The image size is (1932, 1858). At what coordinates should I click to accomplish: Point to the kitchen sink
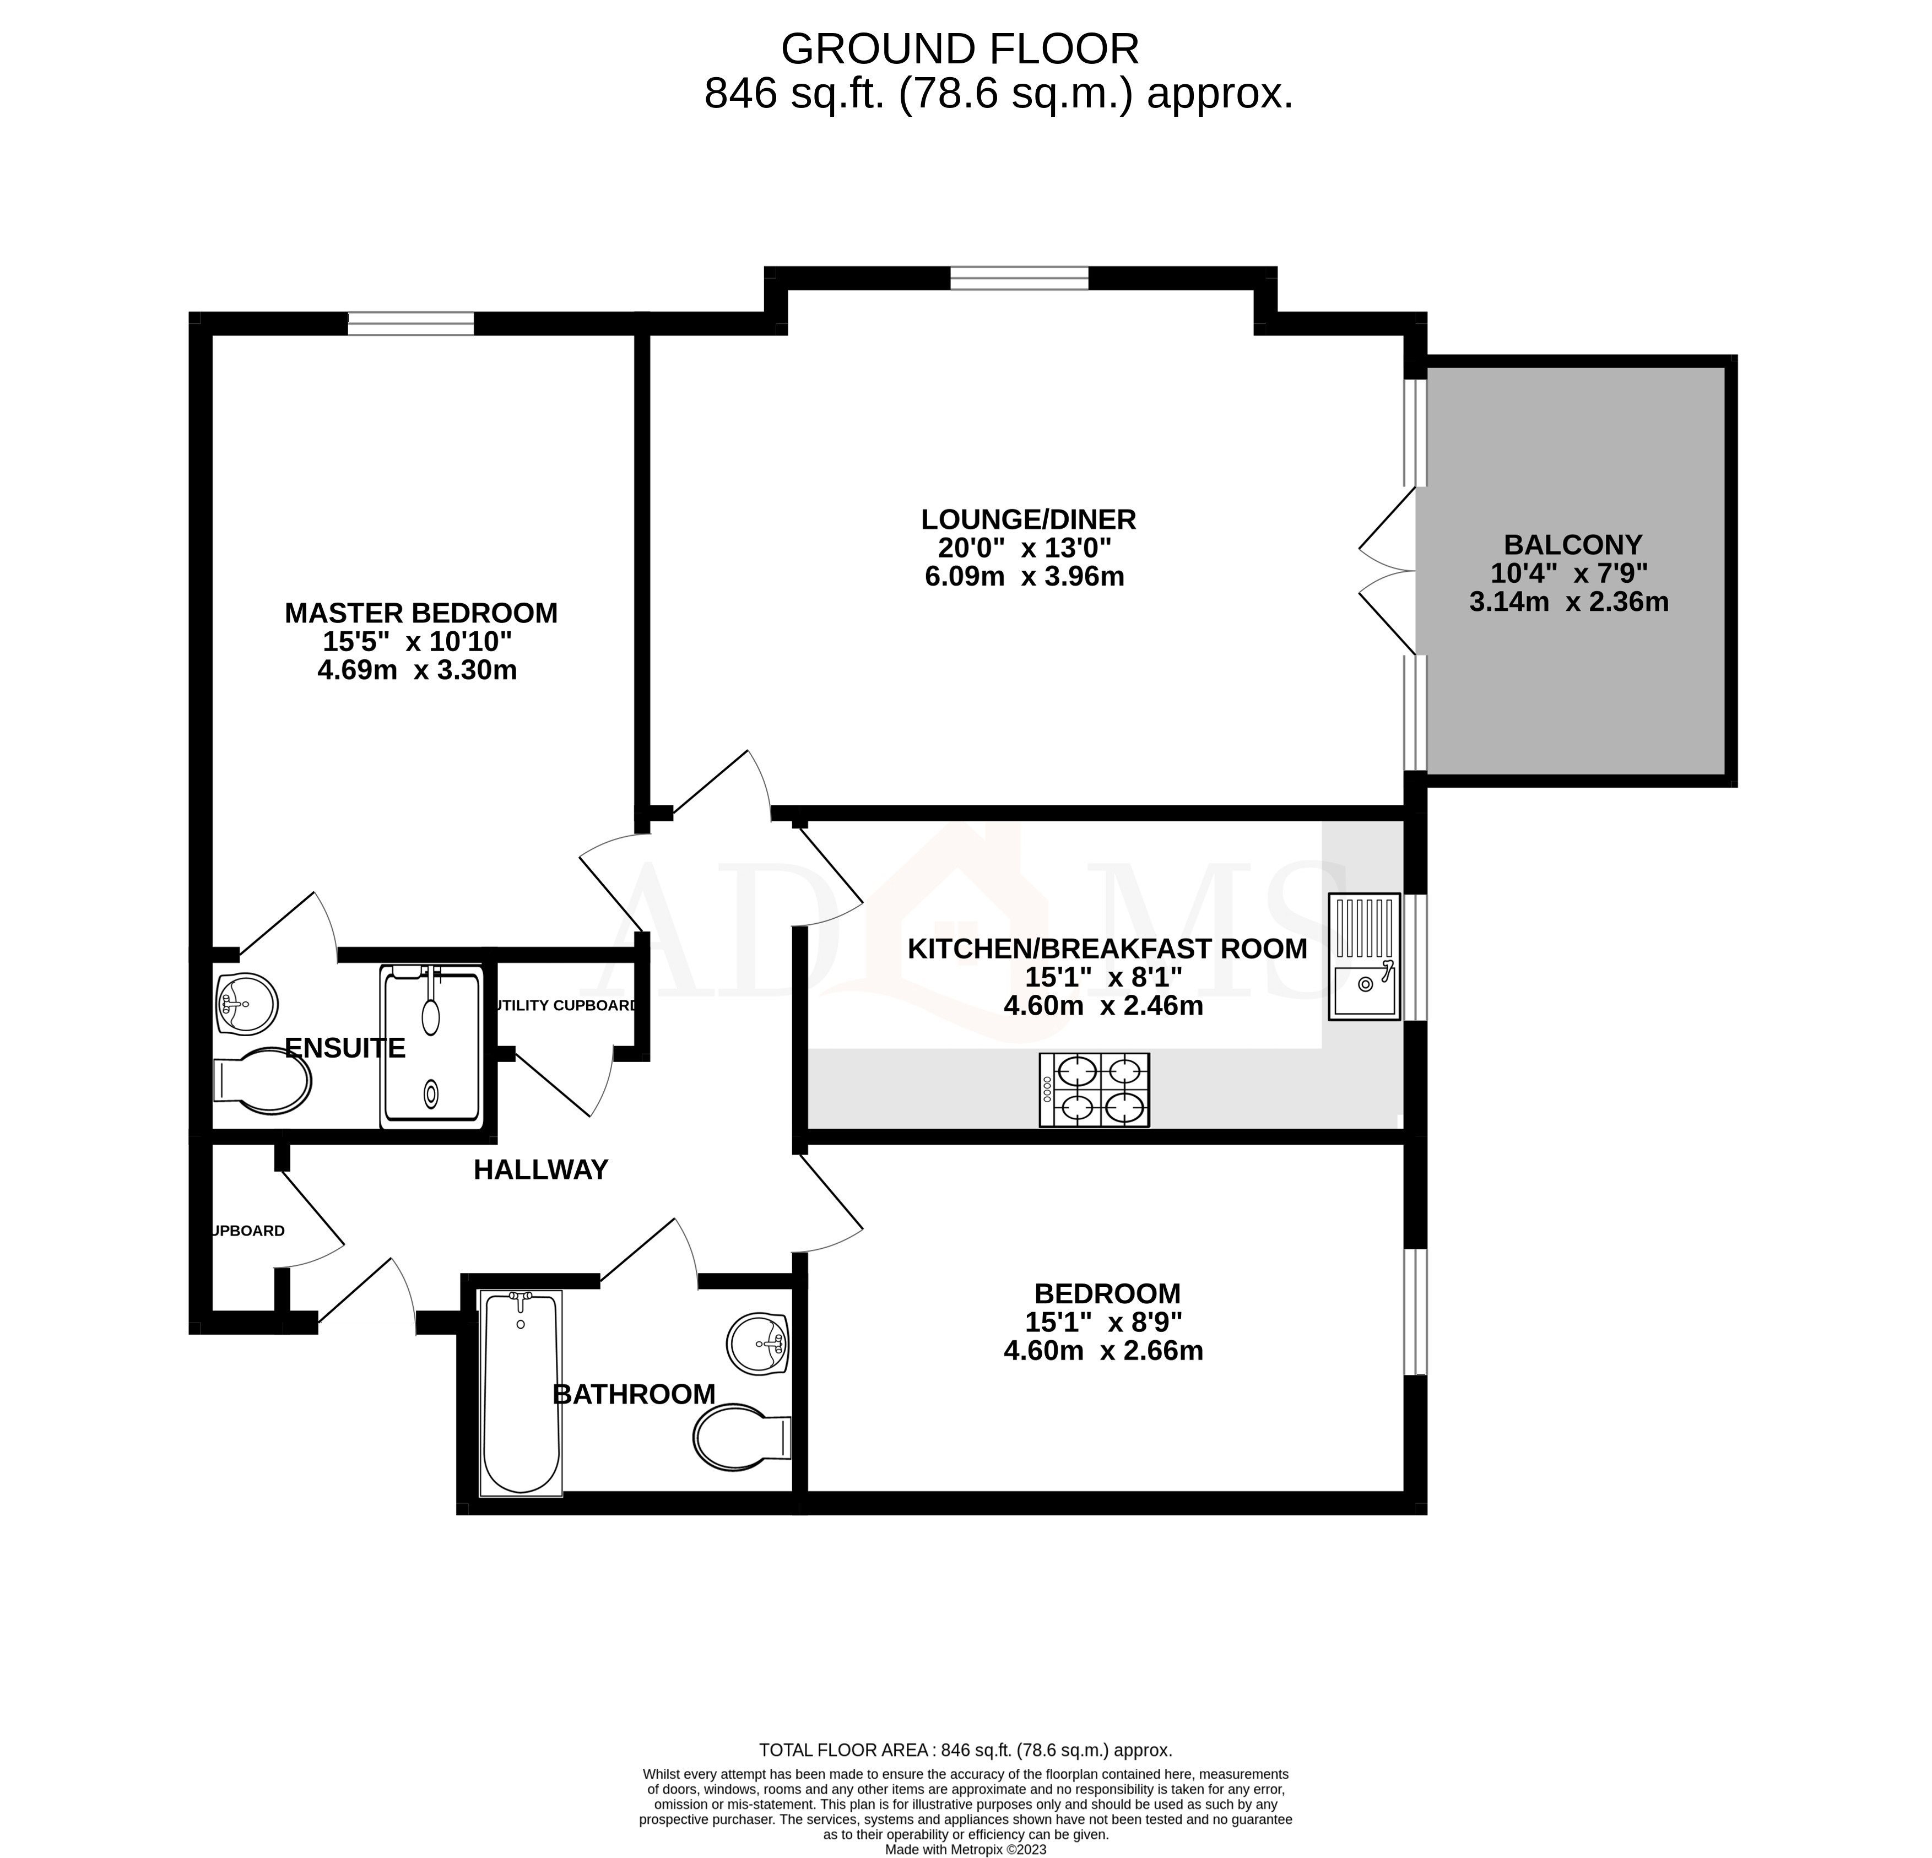click(1363, 956)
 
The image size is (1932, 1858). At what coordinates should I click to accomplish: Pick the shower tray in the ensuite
click(432, 1047)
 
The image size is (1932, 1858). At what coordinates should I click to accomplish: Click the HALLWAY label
click(540, 1170)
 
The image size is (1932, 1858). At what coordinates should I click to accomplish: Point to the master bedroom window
click(410, 323)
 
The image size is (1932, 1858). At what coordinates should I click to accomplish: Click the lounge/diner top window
click(1019, 279)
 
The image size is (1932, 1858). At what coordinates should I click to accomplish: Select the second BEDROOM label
click(1107, 1293)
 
